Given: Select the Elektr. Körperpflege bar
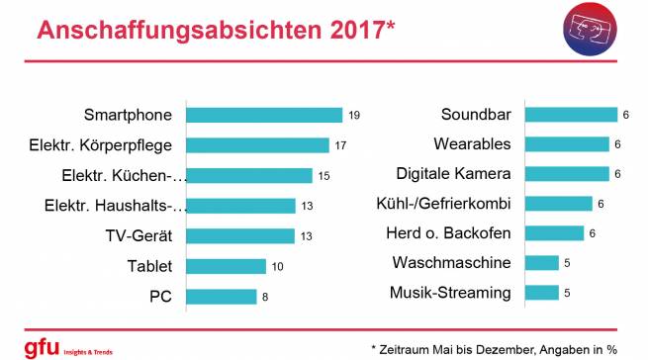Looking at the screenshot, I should [x=257, y=145].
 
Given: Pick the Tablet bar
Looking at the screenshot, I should [x=227, y=266].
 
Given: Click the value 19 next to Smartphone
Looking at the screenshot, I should [x=354, y=116].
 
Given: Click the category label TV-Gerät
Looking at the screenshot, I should [x=139, y=235].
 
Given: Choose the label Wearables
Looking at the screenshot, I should [x=473, y=144].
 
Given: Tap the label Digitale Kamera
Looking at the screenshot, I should [x=454, y=174].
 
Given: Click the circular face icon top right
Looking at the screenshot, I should [x=591, y=32].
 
